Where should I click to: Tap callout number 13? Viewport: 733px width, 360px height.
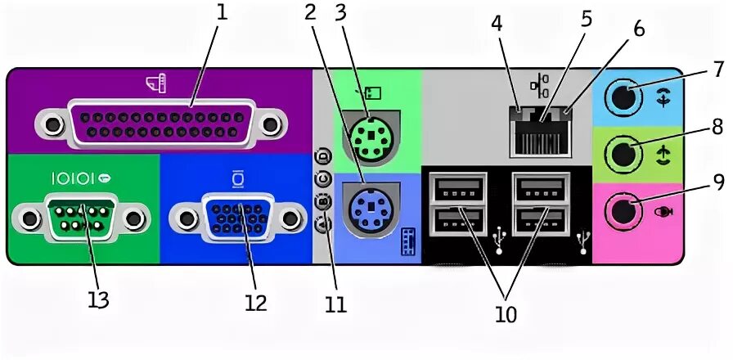pos(98,300)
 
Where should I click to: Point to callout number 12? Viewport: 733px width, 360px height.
pos(255,302)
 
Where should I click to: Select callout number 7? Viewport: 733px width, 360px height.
pos(718,68)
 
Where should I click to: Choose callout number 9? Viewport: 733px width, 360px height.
pos(718,182)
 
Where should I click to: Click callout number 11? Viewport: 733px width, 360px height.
pos(335,304)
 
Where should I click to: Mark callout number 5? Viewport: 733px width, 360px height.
pos(586,18)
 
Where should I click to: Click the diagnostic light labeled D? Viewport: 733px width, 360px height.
pos(323,155)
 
